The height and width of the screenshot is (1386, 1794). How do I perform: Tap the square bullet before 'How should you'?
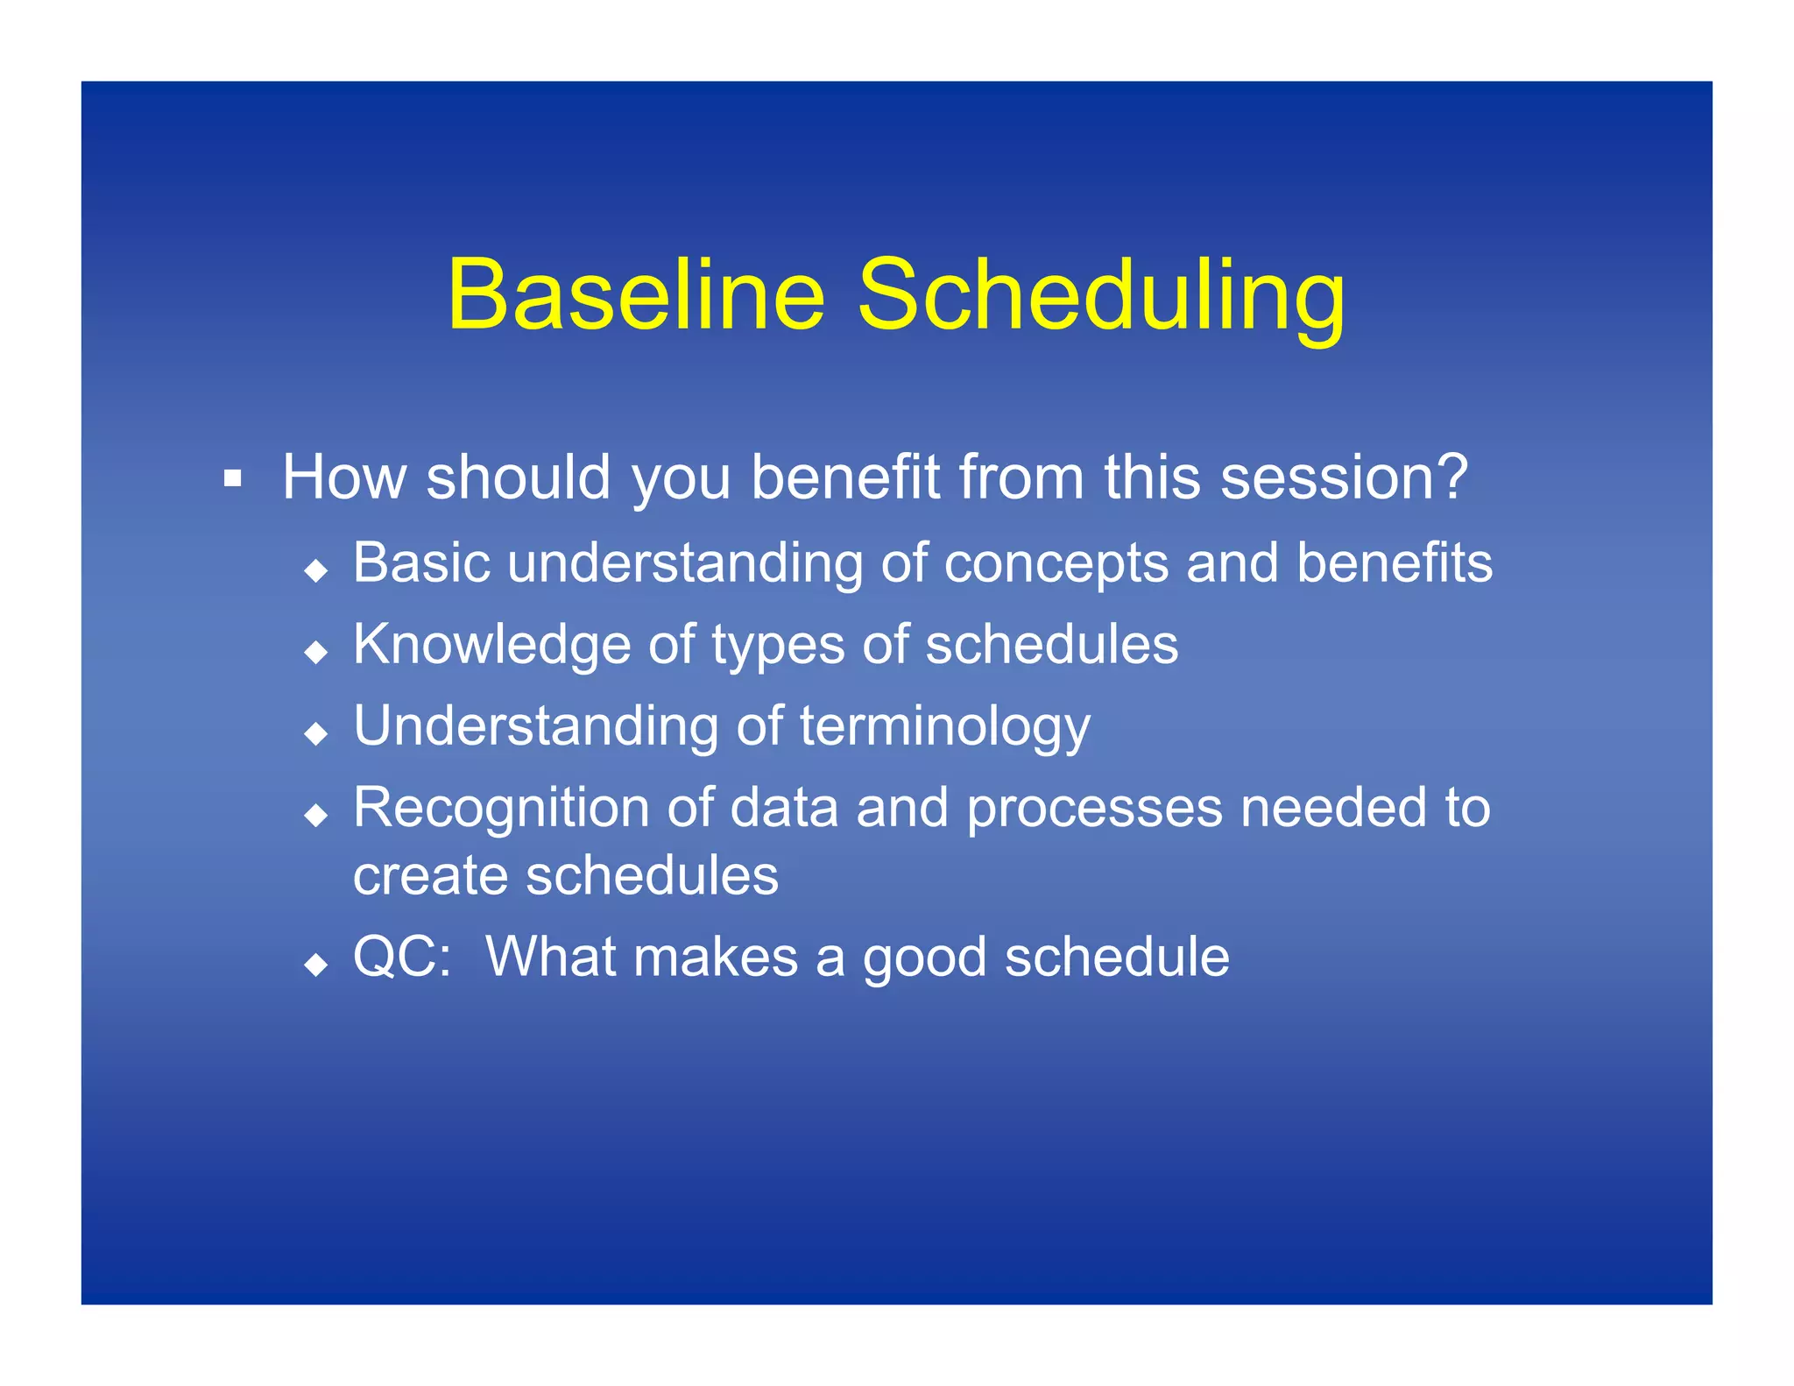coord(232,478)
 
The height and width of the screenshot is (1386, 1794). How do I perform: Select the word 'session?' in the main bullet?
coord(1344,477)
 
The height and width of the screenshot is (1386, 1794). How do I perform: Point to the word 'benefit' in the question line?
coord(844,477)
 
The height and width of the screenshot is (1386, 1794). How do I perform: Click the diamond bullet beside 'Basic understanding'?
coord(316,571)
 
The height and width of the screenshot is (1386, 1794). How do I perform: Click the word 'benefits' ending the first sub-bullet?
coord(1395,562)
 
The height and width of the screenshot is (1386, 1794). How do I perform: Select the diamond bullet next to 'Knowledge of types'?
coord(316,652)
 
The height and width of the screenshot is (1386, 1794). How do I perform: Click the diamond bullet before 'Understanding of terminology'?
coord(316,733)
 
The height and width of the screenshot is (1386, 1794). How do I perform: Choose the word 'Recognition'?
coord(501,808)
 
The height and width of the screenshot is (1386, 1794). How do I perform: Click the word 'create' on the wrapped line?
coord(430,875)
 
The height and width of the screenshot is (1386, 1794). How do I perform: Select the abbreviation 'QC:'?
coord(402,957)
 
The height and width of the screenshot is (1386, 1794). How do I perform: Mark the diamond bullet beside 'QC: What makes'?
coord(316,965)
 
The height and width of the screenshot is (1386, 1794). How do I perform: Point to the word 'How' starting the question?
coord(344,477)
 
